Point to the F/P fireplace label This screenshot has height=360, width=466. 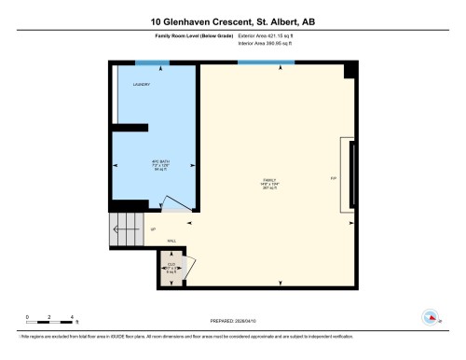tap(333, 178)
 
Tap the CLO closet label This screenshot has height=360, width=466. tap(171, 264)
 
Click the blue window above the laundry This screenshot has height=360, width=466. tap(150, 63)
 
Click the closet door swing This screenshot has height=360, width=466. tap(189, 265)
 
